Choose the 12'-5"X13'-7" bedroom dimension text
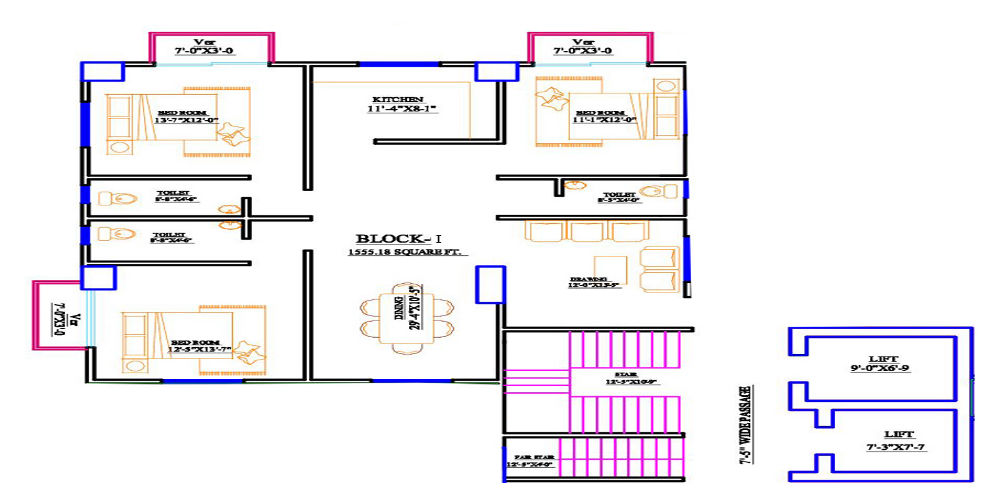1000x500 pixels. (x=201, y=348)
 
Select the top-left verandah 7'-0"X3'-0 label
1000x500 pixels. (x=211, y=45)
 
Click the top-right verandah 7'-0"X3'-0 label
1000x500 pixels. (x=589, y=45)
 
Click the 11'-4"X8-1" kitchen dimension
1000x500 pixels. (x=403, y=109)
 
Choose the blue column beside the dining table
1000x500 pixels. (x=488, y=284)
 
